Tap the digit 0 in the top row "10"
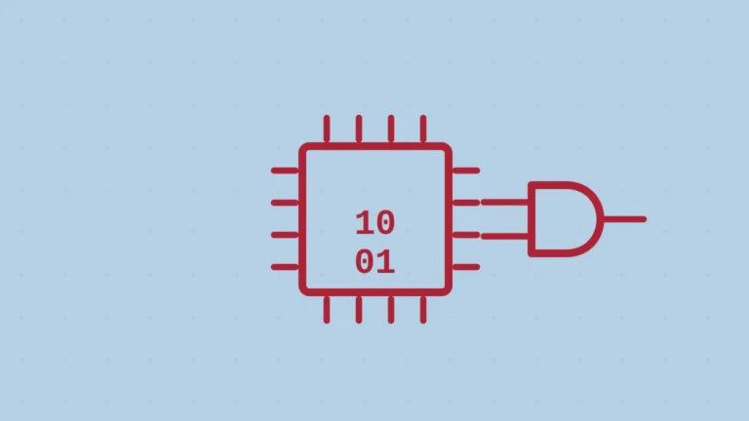coord(386,223)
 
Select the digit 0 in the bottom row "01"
coord(365,262)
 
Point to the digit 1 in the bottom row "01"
coord(386,262)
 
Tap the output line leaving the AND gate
coord(625,219)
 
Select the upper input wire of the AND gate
coord(504,203)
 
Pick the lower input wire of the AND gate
coord(504,236)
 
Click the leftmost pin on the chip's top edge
coord(327,129)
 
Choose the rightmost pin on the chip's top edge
coord(423,129)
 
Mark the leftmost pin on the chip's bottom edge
coord(327,310)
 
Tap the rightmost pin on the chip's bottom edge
coord(423,310)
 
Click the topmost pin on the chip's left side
coord(285,171)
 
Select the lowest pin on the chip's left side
coord(285,267)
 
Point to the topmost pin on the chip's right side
coord(466,171)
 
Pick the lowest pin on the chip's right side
coord(466,267)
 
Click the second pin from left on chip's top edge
coord(359,129)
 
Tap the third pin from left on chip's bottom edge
coord(391,310)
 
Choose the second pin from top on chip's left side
coord(285,203)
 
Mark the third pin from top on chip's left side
coord(285,235)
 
